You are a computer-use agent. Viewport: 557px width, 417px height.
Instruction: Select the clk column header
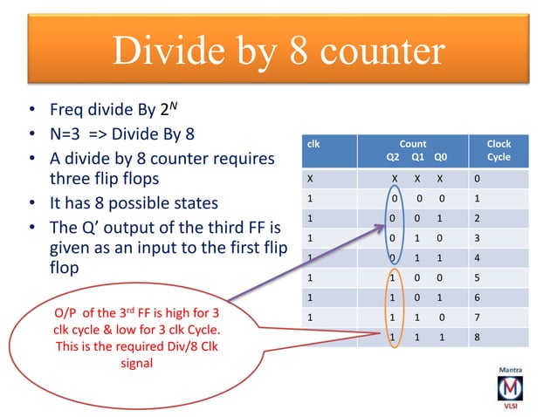pos(314,144)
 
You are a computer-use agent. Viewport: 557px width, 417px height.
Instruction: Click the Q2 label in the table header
pos(393,158)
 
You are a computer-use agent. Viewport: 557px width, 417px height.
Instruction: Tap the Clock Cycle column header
pos(499,151)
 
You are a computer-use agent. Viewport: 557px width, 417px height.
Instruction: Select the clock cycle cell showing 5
pos(477,278)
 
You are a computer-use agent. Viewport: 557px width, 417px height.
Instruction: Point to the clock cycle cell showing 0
pos(477,180)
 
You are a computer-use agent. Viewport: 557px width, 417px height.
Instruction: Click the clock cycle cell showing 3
pos(477,238)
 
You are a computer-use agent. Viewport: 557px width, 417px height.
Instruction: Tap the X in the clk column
pos(310,180)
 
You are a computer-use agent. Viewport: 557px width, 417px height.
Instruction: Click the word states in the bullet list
pos(191,204)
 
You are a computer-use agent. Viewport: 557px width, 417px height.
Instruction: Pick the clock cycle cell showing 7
pos(477,318)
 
